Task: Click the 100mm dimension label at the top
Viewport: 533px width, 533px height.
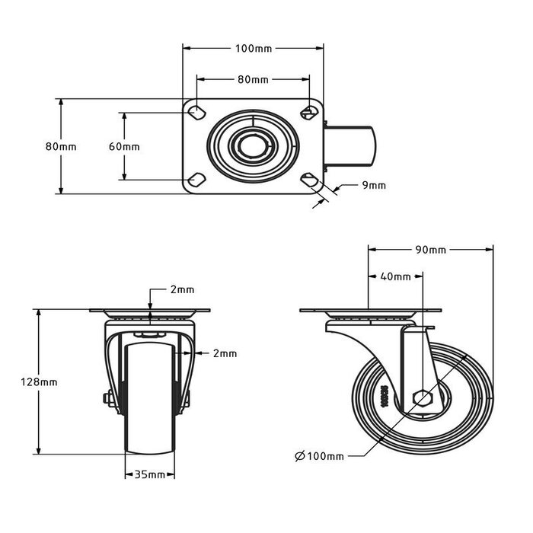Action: (254, 49)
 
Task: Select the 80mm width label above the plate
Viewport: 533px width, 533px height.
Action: (254, 78)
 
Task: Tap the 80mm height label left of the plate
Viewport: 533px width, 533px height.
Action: (60, 146)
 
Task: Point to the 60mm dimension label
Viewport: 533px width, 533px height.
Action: (124, 146)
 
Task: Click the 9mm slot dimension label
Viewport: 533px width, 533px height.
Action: (374, 185)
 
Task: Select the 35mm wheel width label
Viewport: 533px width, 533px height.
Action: (150, 475)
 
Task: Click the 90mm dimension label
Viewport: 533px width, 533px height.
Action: (431, 250)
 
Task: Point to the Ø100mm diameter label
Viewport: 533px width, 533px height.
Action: (319, 456)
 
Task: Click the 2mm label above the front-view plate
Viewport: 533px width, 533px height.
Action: (182, 289)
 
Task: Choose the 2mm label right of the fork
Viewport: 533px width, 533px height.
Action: (225, 353)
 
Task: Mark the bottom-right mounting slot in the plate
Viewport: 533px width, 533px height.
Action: (308, 180)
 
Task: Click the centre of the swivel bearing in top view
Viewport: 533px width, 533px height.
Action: (252, 145)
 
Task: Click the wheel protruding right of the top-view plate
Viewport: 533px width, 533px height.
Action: (353, 145)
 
